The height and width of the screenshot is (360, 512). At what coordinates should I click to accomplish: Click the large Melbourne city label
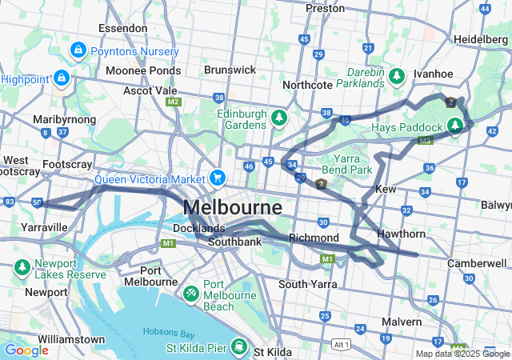pyautogui.click(x=232, y=208)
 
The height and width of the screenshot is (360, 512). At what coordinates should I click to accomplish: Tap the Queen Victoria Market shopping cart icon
pyautogui.click(x=218, y=178)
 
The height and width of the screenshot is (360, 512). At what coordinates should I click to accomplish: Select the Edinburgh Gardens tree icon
pyautogui.click(x=278, y=118)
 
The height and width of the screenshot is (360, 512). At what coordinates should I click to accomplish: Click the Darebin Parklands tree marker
pyautogui.click(x=397, y=77)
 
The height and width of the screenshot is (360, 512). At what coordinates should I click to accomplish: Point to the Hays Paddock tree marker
pyautogui.click(x=455, y=126)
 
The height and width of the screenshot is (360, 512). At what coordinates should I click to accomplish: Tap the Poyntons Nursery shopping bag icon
pyautogui.click(x=78, y=51)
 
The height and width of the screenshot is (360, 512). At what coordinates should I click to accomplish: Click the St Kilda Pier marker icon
pyautogui.click(x=238, y=346)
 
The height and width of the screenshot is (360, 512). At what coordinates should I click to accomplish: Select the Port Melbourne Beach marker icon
pyautogui.click(x=192, y=294)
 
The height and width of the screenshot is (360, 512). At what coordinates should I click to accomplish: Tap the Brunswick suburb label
pyautogui.click(x=230, y=70)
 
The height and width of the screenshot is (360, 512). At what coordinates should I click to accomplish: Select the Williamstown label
pyautogui.click(x=70, y=339)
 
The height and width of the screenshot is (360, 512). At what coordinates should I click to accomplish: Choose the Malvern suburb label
pyautogui.click(x=401, y=321)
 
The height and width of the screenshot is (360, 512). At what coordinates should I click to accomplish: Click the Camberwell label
pyautogui.click(x=478, y=263)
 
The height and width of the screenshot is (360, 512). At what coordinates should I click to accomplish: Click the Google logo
pyautogui.click(x=26, y=350)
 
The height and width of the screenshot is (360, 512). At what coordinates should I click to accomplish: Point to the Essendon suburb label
pyautogui.click(x=122, y=28)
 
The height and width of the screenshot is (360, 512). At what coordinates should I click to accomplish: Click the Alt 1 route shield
pyautogui.click(x=342, y=344)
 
